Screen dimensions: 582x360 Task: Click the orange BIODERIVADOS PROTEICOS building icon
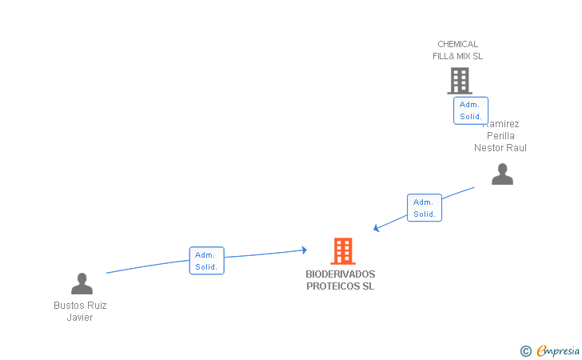(343, 251)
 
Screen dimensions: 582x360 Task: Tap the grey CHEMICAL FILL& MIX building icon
(459, 81)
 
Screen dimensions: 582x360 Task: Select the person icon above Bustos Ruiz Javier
(82, 283)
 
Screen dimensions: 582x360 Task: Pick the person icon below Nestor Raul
(502, 174)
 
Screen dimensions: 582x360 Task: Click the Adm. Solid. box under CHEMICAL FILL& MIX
(470, 110)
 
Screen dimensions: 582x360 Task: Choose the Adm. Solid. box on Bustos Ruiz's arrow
(206, 261)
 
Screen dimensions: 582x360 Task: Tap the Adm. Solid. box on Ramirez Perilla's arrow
(424, 208)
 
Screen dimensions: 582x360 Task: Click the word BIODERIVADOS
(340, 274)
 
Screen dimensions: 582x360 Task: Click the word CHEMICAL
(457, 44)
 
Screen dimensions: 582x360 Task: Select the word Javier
(80, 318)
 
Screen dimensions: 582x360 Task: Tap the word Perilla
(500, 136)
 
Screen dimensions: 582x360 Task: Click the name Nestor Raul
(500, 148)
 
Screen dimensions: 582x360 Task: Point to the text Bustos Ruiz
(80, 306)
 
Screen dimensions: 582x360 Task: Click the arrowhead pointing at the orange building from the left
(304, 250)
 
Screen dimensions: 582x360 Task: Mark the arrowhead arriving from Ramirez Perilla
(377, 229)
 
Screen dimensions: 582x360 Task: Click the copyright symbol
(525, 350)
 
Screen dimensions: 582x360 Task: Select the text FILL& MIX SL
(457, 56)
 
